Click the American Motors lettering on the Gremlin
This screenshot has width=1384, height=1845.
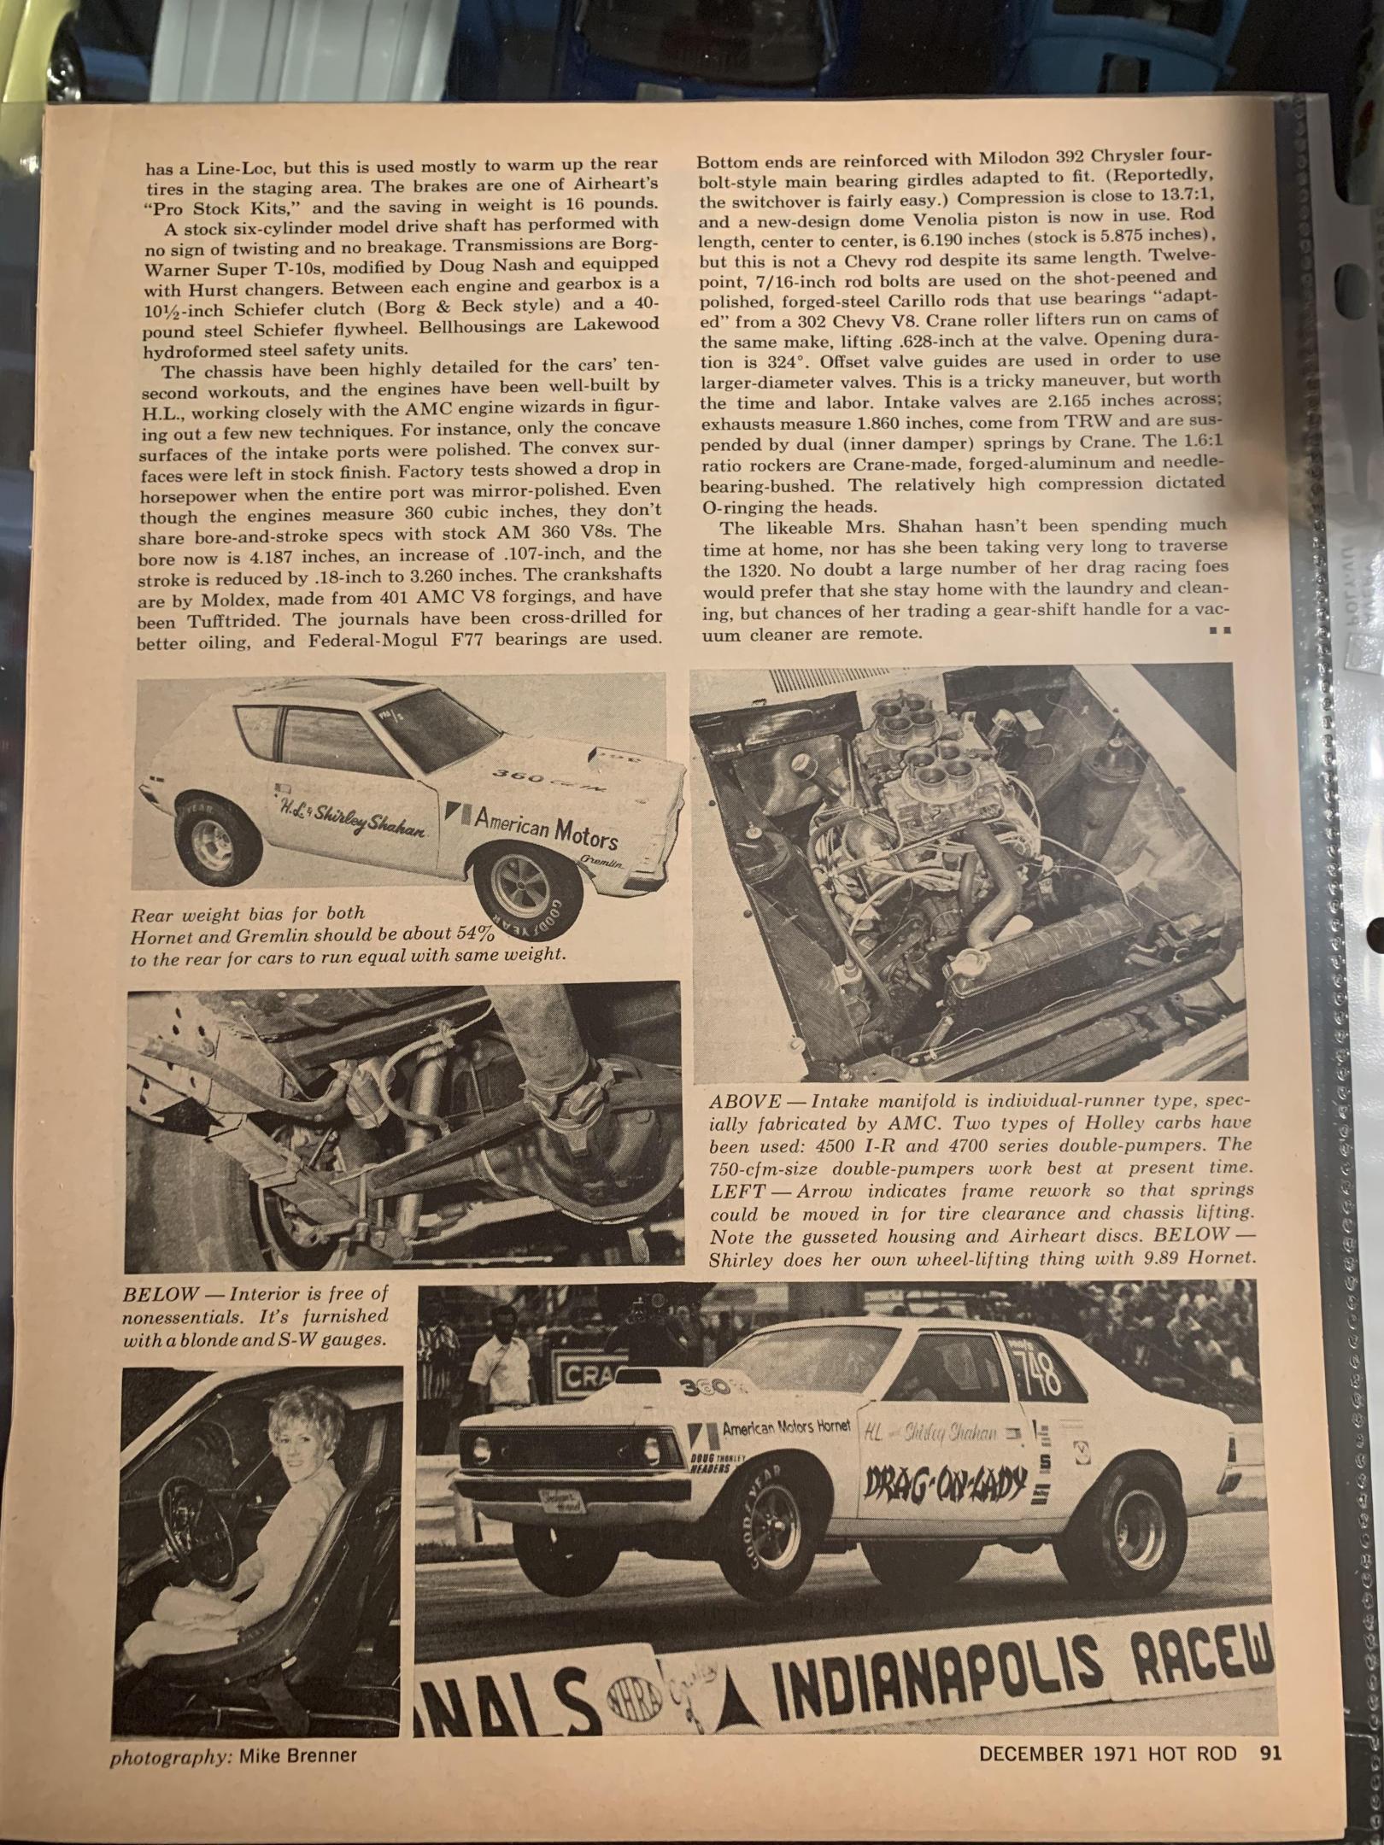coord(546,826)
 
